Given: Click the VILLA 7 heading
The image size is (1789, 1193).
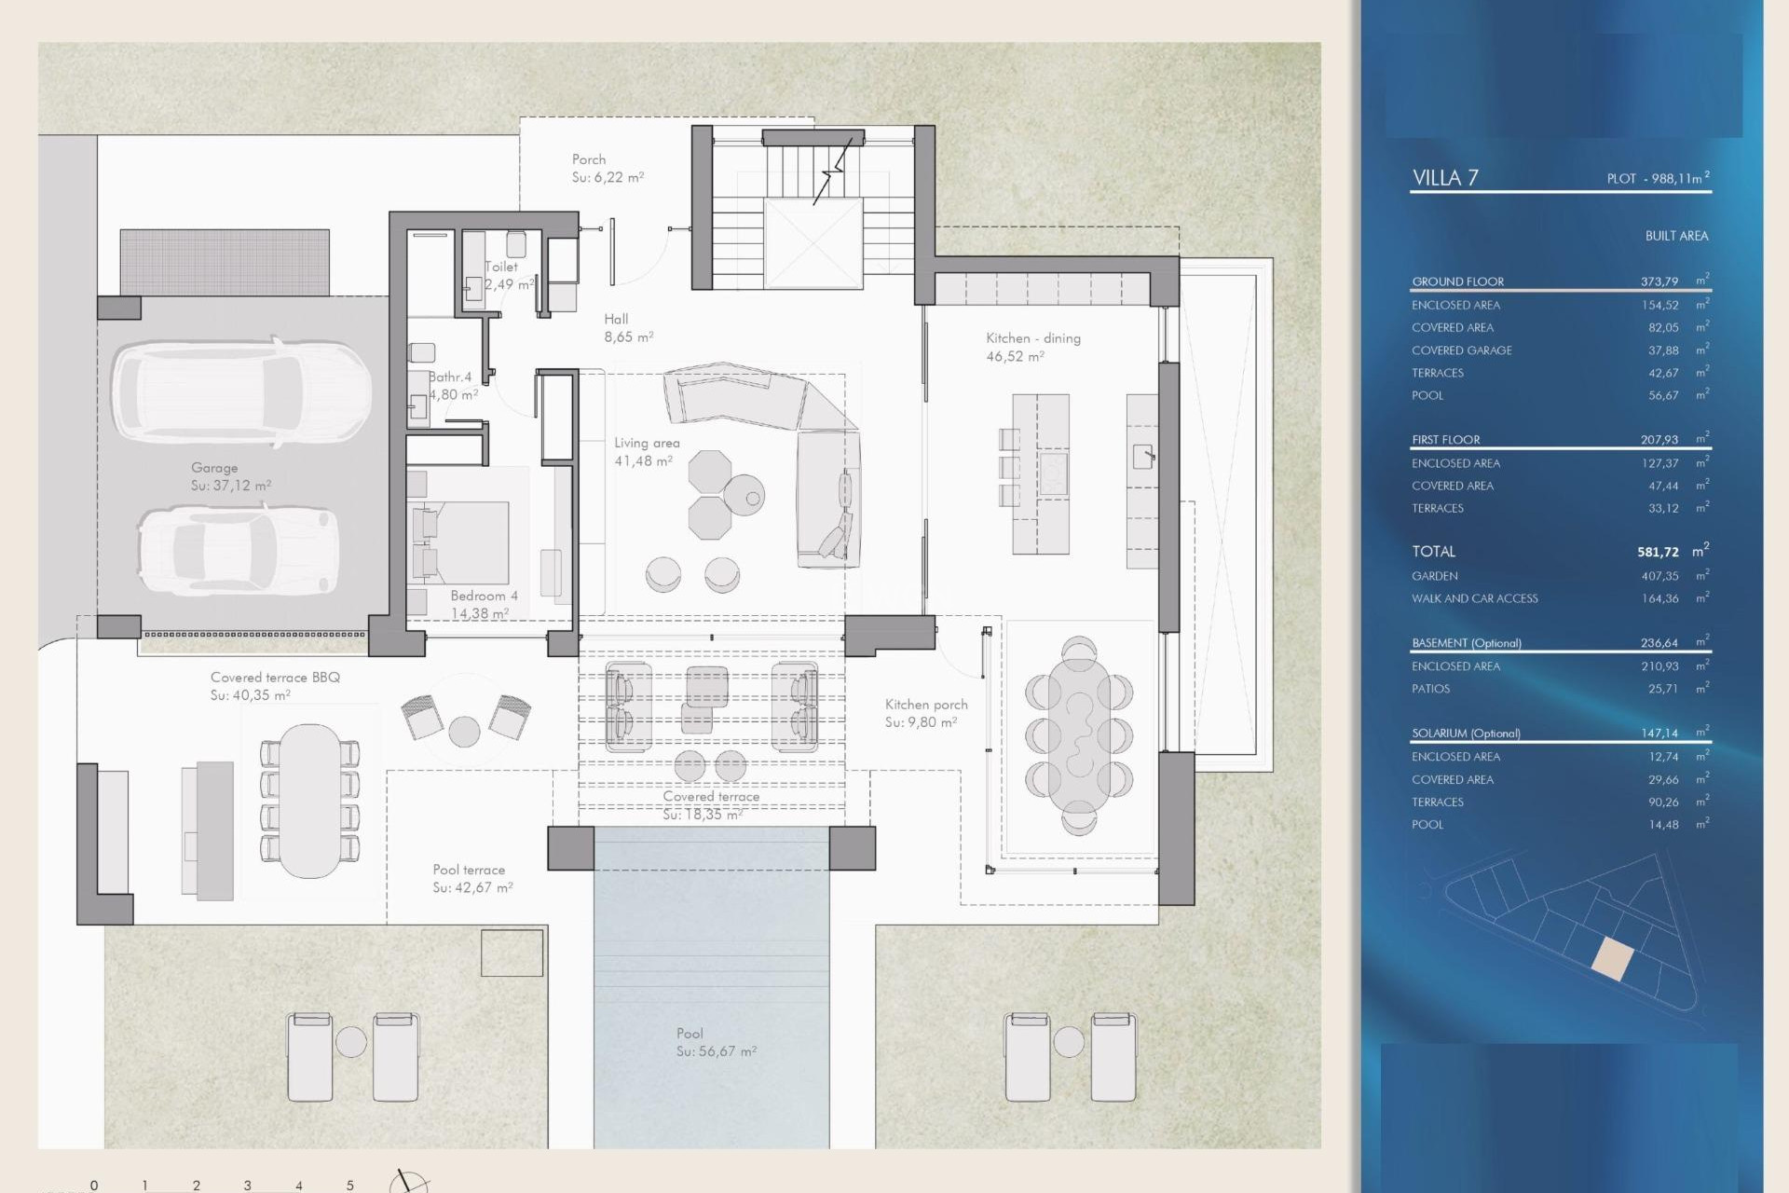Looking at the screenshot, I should (x=1444, y=178).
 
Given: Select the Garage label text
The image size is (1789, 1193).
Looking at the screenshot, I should (x=214, y=468).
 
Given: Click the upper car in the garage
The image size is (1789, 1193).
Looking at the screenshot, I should (x=241, y=391).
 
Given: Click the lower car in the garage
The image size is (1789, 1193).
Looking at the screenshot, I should (x=238, y=550).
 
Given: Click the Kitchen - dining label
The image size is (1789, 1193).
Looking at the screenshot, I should (x=1032, y=338).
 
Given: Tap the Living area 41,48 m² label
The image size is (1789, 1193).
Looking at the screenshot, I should (x=646, y=452).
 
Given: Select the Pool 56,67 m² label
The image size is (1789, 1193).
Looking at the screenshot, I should (x=715, y=1042).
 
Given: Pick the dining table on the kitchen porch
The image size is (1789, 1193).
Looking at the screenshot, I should (x=1079, y=734).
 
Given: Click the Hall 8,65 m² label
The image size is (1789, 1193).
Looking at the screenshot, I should (x=627, y=328).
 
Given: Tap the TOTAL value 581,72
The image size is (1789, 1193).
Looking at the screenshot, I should (x=1657, y=552).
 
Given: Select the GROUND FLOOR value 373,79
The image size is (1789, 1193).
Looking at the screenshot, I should (x=1659, y=281).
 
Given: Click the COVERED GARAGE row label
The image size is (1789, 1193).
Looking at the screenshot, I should (x=1461, y=350).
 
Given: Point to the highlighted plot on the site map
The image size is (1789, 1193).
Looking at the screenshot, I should (x=1612, y=958).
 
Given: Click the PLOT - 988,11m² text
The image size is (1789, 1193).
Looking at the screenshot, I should (x=1657, y=178).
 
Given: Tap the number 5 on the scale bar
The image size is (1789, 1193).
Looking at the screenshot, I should (x=350, y=1185).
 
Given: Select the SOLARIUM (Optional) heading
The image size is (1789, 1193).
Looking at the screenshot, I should (x=1465, y=734).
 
